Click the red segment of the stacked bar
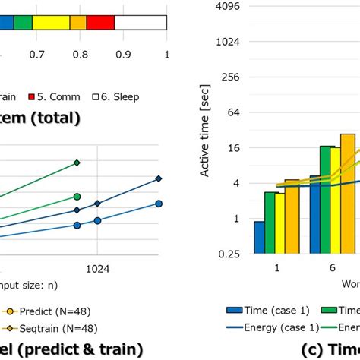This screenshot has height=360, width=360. tap(100, 21)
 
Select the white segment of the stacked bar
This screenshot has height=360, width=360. tap(141, 21)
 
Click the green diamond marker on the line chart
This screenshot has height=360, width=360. tap(77, 163)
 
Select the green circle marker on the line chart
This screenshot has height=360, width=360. tap(77, 197)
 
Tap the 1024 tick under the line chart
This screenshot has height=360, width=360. tap(97, 268)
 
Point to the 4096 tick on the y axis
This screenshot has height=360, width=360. tap(229, 7)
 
